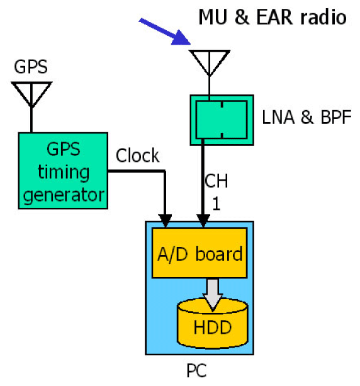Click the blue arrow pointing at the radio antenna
[x=164, y=31]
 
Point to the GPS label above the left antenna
[x=31, y=67]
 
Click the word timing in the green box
[x=64, y=172]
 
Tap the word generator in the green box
[x=64, y=195]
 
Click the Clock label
[x=138, y=156]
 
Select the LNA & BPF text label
[x=307, y=117]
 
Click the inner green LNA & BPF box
[x=222, y=120]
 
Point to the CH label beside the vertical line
[x=217, y=181]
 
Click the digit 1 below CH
[x=217, y=203]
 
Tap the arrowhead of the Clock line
[x=165, y=220]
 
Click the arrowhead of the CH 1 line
[x=203, y=220]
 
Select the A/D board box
[x=200, y=253]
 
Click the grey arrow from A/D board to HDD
[x=213, y=295]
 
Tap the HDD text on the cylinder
[x=213, y=327]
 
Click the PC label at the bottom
[x=196, y=370]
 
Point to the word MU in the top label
[x=213, y=17]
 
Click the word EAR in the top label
[x=275, y=17]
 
